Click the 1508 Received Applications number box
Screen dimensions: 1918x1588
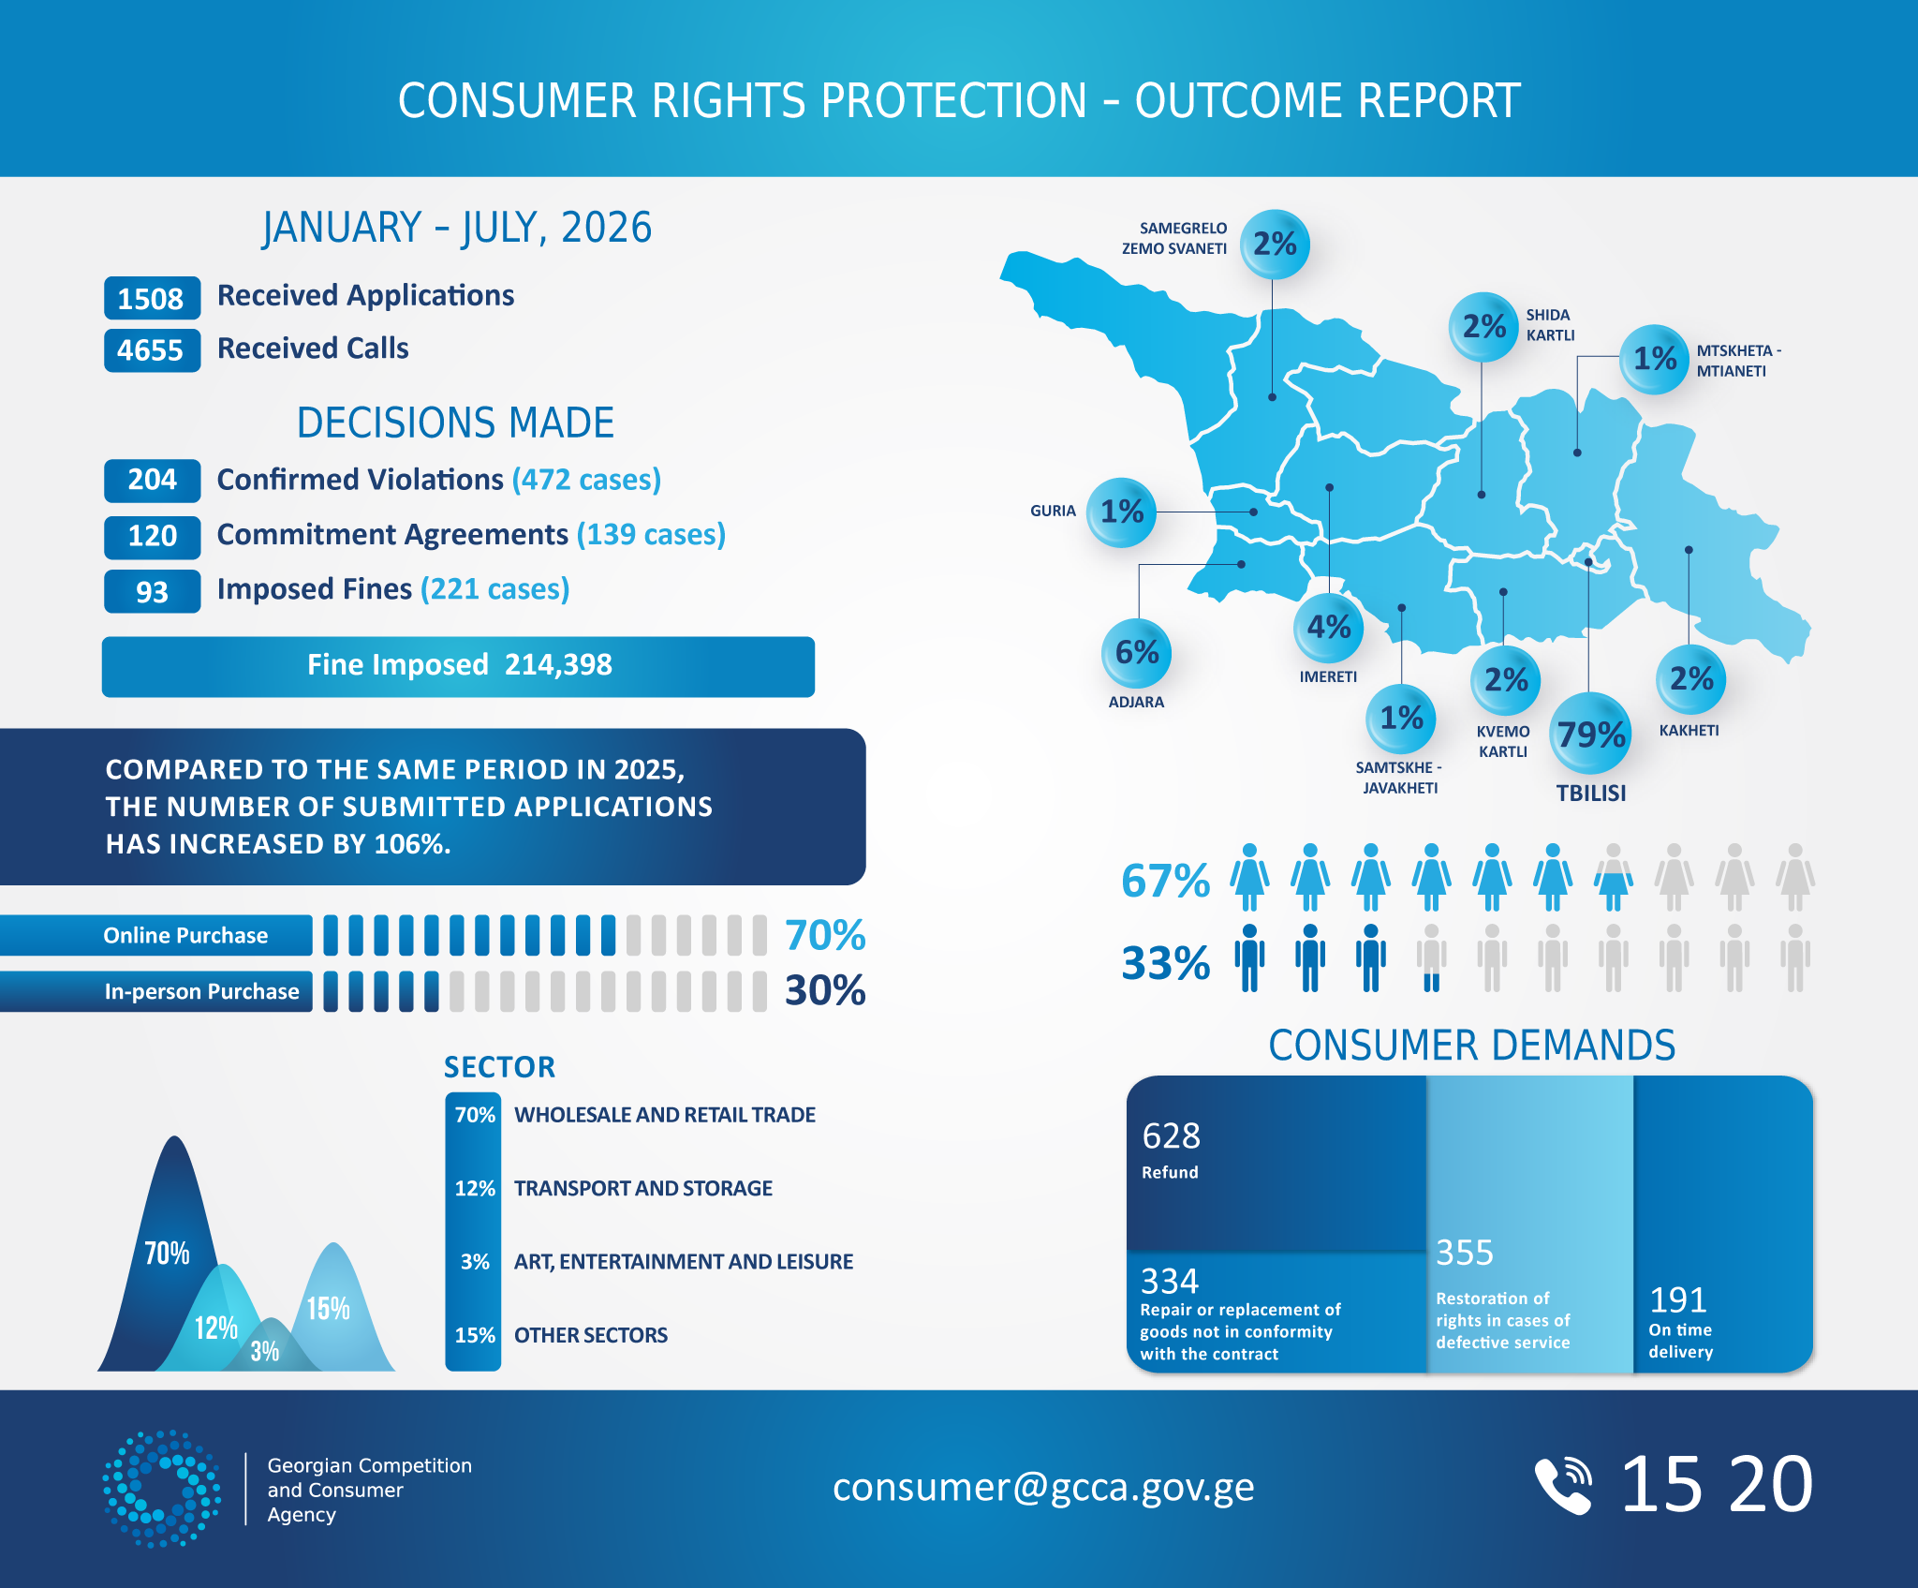(x=152, y=298)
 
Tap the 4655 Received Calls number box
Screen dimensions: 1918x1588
(x=152, y=350)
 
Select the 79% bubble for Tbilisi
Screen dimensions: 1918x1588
(x=1590, y=733)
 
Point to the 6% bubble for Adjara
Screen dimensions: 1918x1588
(x=1137, y=652)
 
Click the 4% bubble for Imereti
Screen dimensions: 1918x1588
(x=1328, y=627)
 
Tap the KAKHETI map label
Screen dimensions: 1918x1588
(x=1689, y=731)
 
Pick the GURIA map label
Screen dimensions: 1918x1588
(x=1053, y=511)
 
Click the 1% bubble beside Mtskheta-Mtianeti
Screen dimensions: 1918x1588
(x=1655, y=359)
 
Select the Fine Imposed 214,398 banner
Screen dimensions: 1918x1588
(x=458, y=666)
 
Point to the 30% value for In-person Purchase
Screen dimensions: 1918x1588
(x=825, y=990)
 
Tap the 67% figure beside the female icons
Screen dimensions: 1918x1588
(x=1166, y=881)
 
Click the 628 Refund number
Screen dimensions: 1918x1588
(x=1171, y=1135)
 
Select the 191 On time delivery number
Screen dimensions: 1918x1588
(x=1677, y=1299)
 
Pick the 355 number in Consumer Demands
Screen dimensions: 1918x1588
(x=1465, y=1253)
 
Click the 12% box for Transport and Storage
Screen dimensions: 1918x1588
(x=474, y=1188)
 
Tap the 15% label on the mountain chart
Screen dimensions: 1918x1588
(x=329, y=1308)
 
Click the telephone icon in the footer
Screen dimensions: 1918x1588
(x=1563, y=1485)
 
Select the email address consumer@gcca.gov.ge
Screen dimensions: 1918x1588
(x=1043, y=1487)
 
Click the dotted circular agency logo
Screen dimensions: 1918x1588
(x=161, y=1488)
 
